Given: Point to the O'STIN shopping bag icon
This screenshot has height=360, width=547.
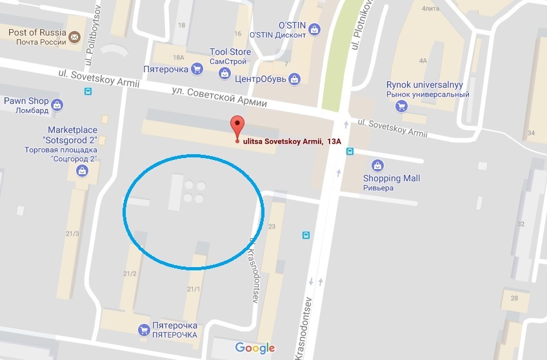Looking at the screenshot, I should click(314, 28).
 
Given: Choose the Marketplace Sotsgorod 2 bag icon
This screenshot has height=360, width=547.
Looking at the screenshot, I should click(83, 171).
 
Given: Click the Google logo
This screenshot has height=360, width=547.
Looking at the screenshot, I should click(255, 348).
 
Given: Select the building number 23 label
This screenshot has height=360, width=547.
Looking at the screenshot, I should click(272, 226).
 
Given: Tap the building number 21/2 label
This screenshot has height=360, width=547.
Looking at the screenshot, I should click(130, 274).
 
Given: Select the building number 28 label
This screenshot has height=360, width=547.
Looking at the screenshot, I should click(514, 297).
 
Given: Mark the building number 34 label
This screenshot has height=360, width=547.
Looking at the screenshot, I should click(532, 134).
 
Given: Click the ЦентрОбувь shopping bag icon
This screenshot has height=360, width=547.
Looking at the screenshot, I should click(295, 79).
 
